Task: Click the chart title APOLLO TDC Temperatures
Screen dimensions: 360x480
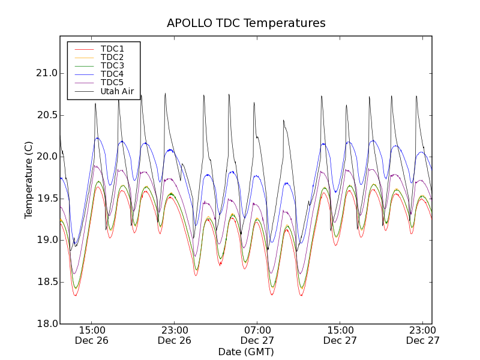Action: [x=246, y=23]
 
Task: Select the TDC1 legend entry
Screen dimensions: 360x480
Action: [x=112, y=49]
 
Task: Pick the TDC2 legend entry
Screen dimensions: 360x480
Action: [x=112, y=57]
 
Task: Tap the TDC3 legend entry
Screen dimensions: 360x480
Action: [x=112, y=65]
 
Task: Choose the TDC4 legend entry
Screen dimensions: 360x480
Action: [x=112, y=74]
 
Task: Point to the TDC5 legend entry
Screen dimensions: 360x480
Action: [x=112, y=82]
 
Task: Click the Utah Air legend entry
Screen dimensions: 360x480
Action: [x=117, y=91]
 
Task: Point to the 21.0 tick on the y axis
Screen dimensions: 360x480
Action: [x=46, y=73]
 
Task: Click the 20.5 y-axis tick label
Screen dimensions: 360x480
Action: [x=46, y=115]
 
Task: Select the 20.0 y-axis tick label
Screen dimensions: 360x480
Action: [x=46, y=157]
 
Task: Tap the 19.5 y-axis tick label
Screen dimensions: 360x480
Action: [x=46, y=199]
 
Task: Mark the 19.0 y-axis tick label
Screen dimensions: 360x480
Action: [x=46, y=240]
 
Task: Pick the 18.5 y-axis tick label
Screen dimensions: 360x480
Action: [x=46, y=282]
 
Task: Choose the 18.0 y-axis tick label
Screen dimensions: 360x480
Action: [x=46, y=323]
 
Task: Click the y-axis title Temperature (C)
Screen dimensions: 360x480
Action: [x=29, y=180]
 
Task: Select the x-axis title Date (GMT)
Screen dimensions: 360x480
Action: [x=246, y=352]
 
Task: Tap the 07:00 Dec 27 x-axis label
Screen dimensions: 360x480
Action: [x=257, y=335]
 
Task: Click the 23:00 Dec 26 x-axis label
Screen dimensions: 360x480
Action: [x=175, y=335]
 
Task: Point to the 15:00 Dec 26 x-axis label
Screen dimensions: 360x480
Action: [x=92, y=335]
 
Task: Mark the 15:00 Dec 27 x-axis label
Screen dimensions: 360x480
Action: [x=340, y=335]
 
